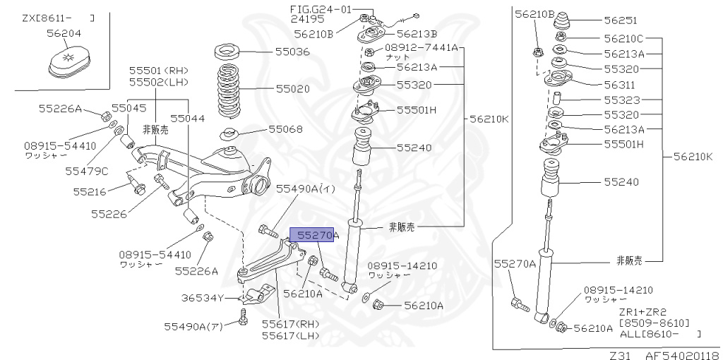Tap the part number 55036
(292, 52)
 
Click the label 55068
(285, 129)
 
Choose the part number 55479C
(87, 171)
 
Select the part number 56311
(620, 84)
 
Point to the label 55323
(620, 100)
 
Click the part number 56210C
(623, 38)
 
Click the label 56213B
(417, 33)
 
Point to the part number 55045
(129, 108)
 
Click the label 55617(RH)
(290, 323)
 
